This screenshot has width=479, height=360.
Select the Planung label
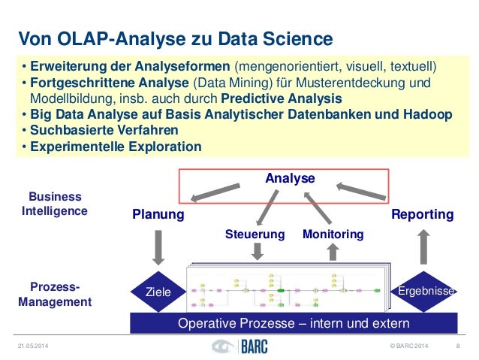158,215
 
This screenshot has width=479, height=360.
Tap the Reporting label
423,215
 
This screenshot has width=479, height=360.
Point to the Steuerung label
255,234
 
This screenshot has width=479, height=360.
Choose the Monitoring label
333,234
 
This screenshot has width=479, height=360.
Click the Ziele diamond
158,292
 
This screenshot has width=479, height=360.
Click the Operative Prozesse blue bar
293,324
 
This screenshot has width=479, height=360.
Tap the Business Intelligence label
56,204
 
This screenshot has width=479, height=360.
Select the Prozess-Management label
56,295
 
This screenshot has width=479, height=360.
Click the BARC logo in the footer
239,346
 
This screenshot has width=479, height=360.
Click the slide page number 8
457,346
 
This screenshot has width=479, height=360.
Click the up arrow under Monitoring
333,251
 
